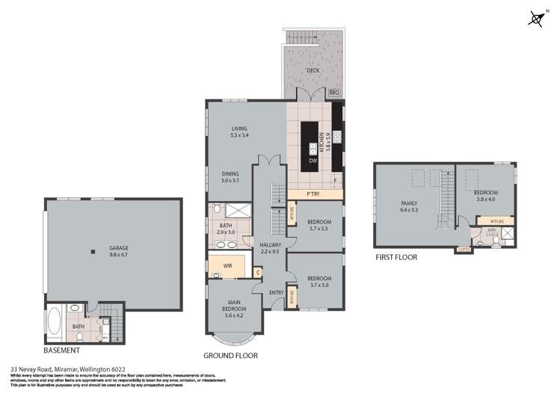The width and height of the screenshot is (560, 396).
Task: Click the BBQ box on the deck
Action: (334, 93)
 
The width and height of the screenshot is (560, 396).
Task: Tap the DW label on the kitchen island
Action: (312, 160)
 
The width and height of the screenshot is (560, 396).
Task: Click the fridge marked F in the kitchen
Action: (336, 180)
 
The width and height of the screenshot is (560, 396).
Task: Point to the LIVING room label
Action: (240, 129)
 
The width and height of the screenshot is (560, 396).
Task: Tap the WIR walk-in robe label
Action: (228, 264)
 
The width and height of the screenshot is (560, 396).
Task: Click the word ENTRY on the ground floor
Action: (276, 292)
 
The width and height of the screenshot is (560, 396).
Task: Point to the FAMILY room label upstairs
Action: (408, 207)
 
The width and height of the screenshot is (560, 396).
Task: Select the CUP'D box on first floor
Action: (463, 250)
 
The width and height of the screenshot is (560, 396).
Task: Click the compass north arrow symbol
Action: (535, 19)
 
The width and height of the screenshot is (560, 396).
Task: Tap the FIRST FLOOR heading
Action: (396, 257)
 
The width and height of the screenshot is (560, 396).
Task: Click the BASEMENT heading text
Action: (61, 349)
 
